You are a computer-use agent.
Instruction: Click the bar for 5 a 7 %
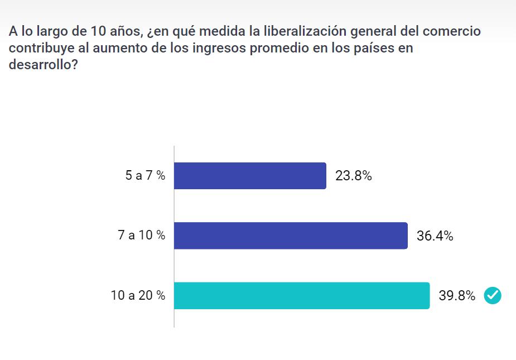(250, 176)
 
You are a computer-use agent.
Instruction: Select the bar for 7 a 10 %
(291, 236)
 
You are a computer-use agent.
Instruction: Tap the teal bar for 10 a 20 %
(302, 296)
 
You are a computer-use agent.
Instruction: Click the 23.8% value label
(354, 176)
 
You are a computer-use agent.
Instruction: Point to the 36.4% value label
(435, 236)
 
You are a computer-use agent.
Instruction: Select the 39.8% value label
(457, 296)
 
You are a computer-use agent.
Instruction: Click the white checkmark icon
(493, 296)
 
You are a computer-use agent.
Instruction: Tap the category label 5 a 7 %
(145, 176)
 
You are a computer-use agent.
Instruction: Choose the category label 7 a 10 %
(141, 236)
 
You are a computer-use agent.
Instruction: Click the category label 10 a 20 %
(138, 296)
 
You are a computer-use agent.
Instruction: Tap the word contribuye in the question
(39, 48)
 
